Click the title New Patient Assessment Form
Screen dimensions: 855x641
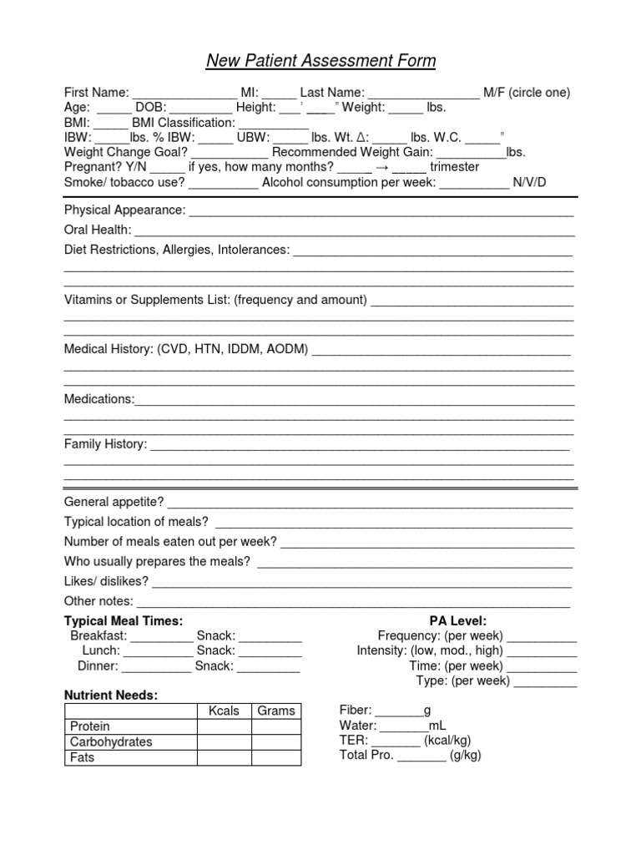pyautogui.click(x=320, y=61)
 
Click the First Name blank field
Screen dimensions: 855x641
pyautogui.click(x=185, y=93)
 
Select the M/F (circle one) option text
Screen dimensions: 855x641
pyautogui.click(x=527, y=93)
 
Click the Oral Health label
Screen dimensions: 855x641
pyautogui.click(x=98, y=230)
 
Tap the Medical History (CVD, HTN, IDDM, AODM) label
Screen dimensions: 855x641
pyautogui.click(x=186, y=349)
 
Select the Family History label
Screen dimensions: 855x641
pyautogui.click(x=105, y=444)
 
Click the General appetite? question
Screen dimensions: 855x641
pyautogui.click(x=114, y=502)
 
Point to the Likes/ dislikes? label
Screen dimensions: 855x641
pyautogui.click(x=106, y=581)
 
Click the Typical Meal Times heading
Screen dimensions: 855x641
pyautogui.click(x=124, y=621)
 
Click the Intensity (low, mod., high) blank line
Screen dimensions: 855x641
pyautogui.click(x=542, y=651)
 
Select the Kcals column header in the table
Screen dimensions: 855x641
pyautogui.click(x=224, y=711)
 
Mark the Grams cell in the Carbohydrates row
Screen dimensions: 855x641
pyautogui.click(x=275, y=741)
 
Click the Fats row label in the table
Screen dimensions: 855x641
pyautogui.click(x=83, y=757)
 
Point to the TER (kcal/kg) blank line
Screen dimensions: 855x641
pyautogui.click(x=396, y=741)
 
